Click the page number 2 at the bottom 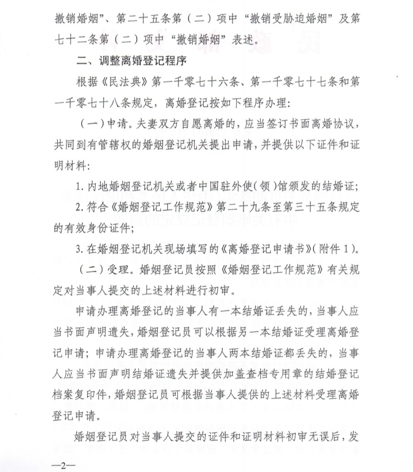click(x=64, y=465)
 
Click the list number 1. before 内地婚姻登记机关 click(x=80, y=187)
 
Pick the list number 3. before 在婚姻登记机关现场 click(x=80, y=249)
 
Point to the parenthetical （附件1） click(x=335, y=249)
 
